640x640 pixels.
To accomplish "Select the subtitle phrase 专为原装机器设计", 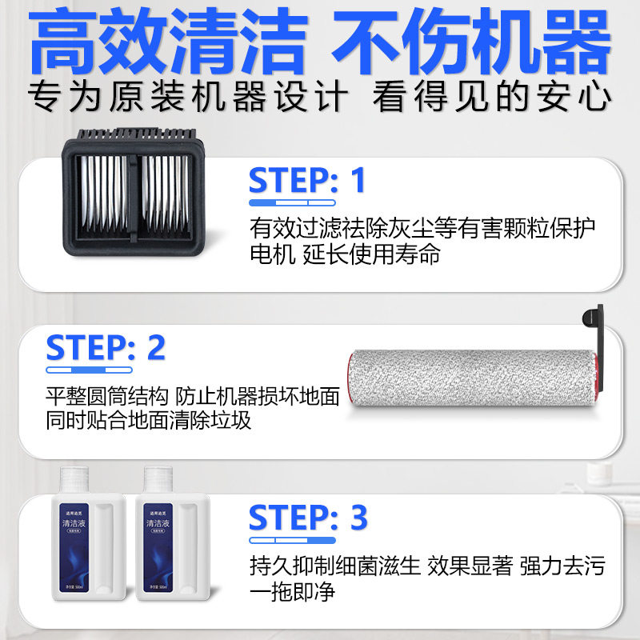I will [189, 98].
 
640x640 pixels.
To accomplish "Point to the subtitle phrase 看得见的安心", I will [492, 98].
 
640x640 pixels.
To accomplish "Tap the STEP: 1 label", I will [306, 180].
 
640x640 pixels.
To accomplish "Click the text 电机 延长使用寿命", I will [345, 256].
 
